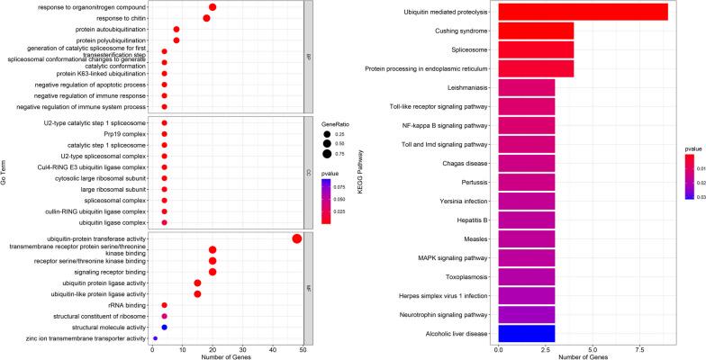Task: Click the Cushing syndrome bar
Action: (536, 31)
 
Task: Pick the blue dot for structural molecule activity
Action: (164, 328)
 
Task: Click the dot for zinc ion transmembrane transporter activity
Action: (155, 338)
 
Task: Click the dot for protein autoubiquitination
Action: (176, 30)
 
